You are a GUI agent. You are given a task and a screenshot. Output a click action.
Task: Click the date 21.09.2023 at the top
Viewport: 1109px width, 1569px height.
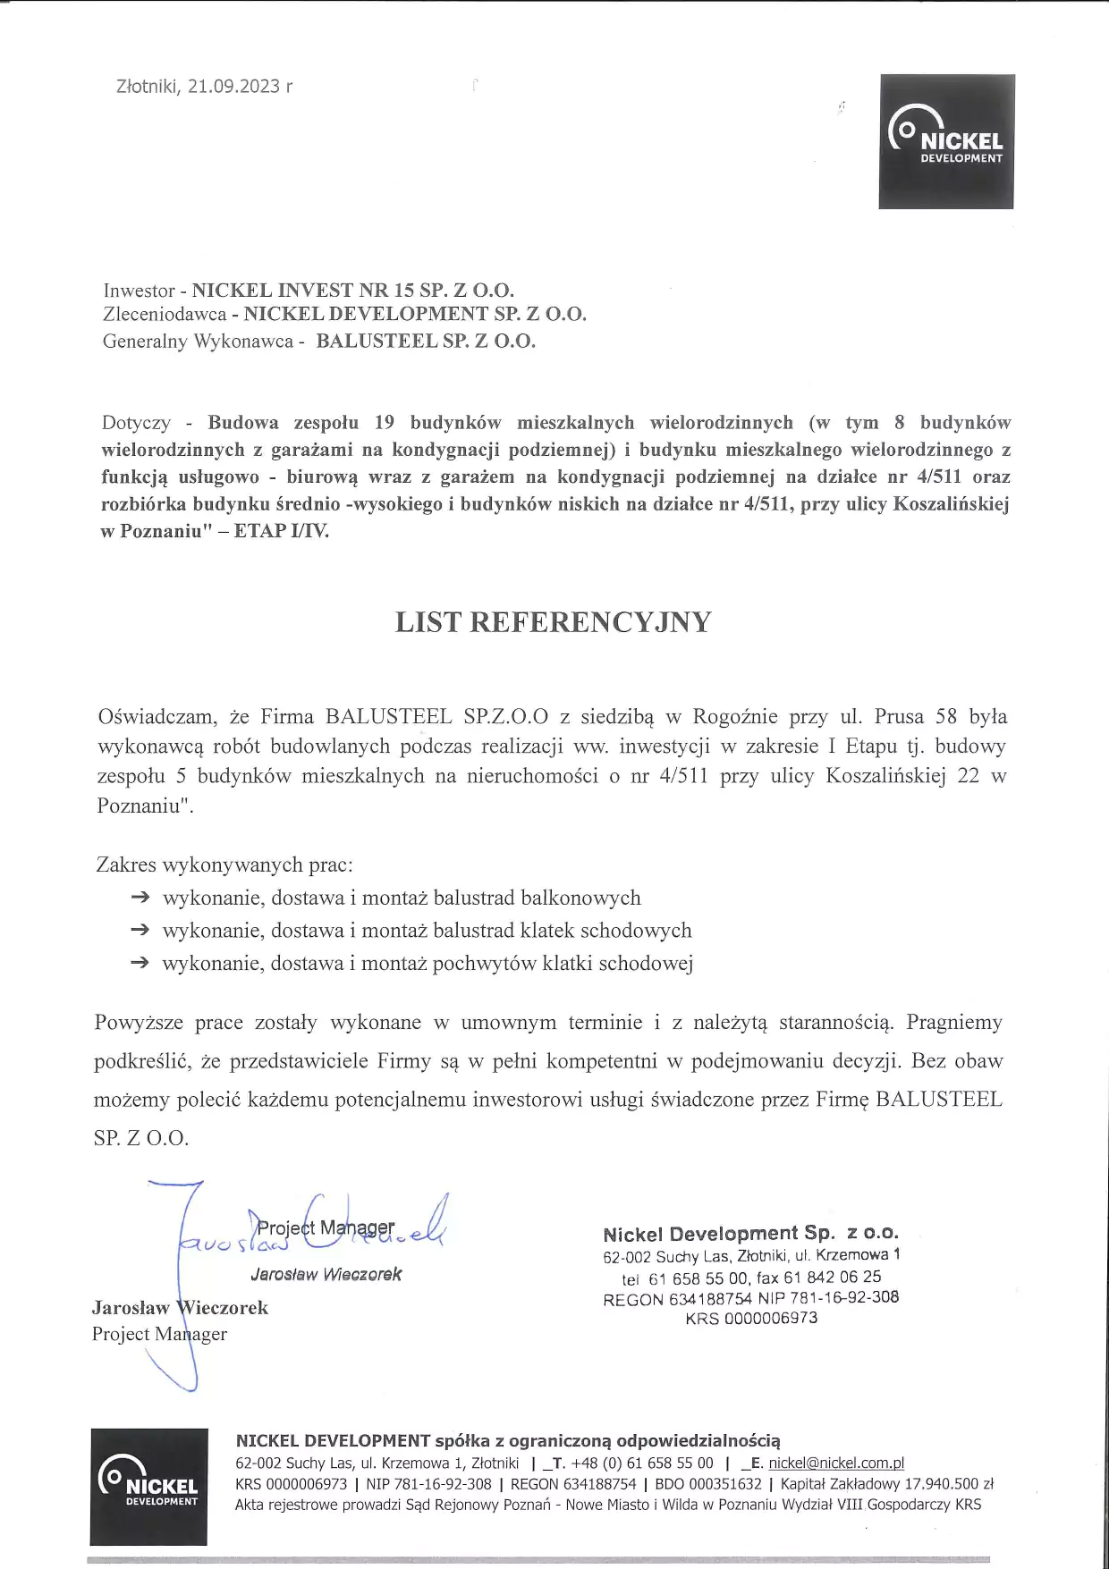(233, 87)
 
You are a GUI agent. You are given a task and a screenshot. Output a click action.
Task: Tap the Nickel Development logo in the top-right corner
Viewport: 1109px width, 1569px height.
(946, 141)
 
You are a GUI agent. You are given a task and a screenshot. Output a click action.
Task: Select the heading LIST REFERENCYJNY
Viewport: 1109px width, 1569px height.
(553, 622)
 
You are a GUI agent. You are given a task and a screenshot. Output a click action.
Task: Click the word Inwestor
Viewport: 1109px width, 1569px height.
(139, 291)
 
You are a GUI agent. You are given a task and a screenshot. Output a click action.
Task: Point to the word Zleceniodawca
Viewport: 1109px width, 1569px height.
(165, 314)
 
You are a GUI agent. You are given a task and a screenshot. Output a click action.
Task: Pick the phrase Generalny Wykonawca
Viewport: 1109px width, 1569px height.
(198, 342)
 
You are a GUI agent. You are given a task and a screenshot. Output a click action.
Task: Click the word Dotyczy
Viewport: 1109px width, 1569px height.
(136, 423)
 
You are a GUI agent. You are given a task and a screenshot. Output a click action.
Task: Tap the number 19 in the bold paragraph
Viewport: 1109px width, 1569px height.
(385, 423)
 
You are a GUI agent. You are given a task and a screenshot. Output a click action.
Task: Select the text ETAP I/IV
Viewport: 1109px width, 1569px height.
(282, 531)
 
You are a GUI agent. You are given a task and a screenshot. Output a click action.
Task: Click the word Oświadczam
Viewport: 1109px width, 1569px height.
(156, 717)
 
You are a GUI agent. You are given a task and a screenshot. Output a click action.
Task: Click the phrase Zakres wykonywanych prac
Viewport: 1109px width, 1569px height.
(224, 865)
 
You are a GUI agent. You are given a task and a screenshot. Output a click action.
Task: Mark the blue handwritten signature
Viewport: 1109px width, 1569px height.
(304, 1234)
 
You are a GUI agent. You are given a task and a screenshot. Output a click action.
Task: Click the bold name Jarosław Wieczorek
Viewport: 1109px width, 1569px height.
(180, 1308)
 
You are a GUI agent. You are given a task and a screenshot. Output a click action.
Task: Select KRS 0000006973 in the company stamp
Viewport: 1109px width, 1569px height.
(751, 1319)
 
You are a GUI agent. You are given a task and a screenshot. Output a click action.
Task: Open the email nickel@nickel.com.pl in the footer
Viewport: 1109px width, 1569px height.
(836, 1464)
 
